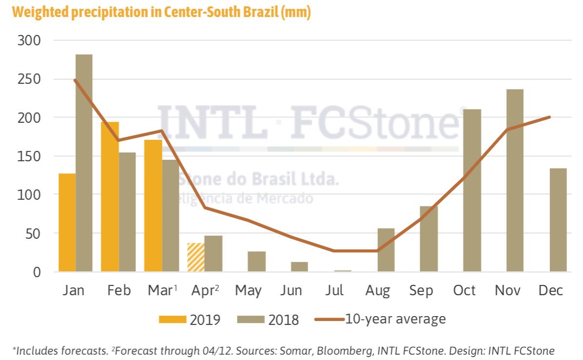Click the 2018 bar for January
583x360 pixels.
click(x=84, y=163)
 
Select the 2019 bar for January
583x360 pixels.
click(x=67, y=222)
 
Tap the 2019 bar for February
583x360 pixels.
click(x=110, y=196)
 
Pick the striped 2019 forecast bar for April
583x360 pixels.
click(x=195, y=257)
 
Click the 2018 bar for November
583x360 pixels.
click(x=515, y=180)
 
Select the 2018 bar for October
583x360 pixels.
click(x=472, y=190)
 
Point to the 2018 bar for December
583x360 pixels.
click(x=558, y=220)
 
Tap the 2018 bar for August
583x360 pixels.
click(x=386, y=249)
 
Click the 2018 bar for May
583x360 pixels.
click(x=256, y=261)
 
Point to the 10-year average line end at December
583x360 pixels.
click(x=549, y=117)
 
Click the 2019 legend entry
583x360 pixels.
click(x=190, y=320)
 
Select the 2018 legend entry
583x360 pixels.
click(x=268, y=320)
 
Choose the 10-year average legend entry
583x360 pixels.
click(x=380, y=319)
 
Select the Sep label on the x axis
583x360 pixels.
click(x=421, y=291)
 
